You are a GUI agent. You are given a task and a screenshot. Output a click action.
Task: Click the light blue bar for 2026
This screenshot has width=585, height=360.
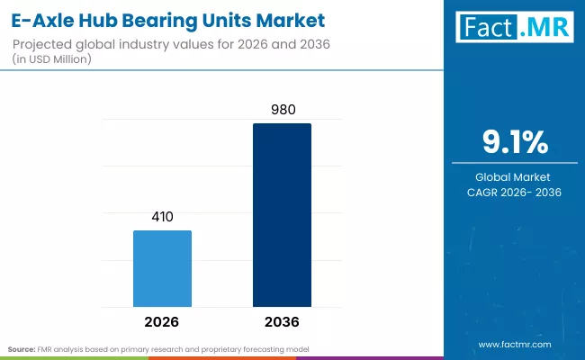pyautogui.click(x=162, y=268)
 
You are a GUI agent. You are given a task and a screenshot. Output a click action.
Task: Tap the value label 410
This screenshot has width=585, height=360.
pyautogui.click(x=162, y=217)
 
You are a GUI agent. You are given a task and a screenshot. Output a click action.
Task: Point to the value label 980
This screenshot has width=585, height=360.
pyautogui.click(x=282, y=110)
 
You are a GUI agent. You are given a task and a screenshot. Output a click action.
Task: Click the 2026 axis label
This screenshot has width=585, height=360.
pyautogui.click(x=162, y=321)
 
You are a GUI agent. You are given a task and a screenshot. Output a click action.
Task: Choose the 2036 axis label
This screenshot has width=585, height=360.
pyautogui.click(x=282, y=321)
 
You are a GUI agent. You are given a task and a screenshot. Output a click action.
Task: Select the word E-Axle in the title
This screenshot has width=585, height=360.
pyautogui.click(x=39, y=19)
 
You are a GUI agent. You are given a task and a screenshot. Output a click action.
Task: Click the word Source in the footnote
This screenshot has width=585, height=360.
pyautogui.click(x=22, y=347)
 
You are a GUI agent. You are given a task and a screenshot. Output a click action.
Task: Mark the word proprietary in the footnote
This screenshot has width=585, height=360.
pyautogui.click(x=216, y=347)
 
